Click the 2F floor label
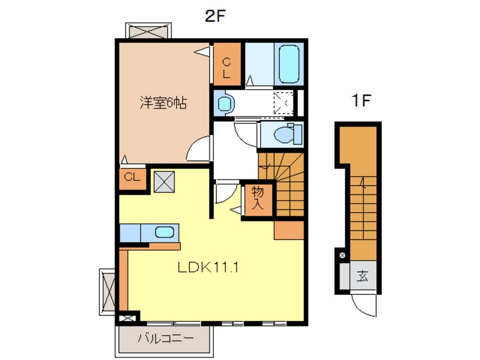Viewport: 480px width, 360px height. [215, 16]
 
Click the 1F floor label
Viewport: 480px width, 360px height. [361, 101]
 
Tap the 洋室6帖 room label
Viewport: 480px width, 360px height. [163, 103]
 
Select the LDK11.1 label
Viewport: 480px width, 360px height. [208, 267]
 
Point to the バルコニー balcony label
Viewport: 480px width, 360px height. [166, 338]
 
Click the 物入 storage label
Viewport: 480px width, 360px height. [258, 198]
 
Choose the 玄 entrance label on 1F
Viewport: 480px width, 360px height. [363, 276]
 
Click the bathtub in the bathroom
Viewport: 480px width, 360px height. [289, 64]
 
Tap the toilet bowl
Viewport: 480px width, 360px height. [287, 134]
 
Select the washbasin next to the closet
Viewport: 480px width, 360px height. [226, 103]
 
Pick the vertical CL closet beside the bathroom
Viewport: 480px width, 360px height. [227, 64]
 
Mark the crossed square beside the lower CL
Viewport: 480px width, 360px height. [164, 182]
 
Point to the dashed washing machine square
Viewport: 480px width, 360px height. [283, 103]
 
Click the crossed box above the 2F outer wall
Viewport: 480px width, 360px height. [149, 31]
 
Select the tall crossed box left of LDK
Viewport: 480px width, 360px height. [107, 292]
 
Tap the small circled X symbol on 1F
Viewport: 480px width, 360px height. [343, 255]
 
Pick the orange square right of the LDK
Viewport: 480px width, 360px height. [289, 230]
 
